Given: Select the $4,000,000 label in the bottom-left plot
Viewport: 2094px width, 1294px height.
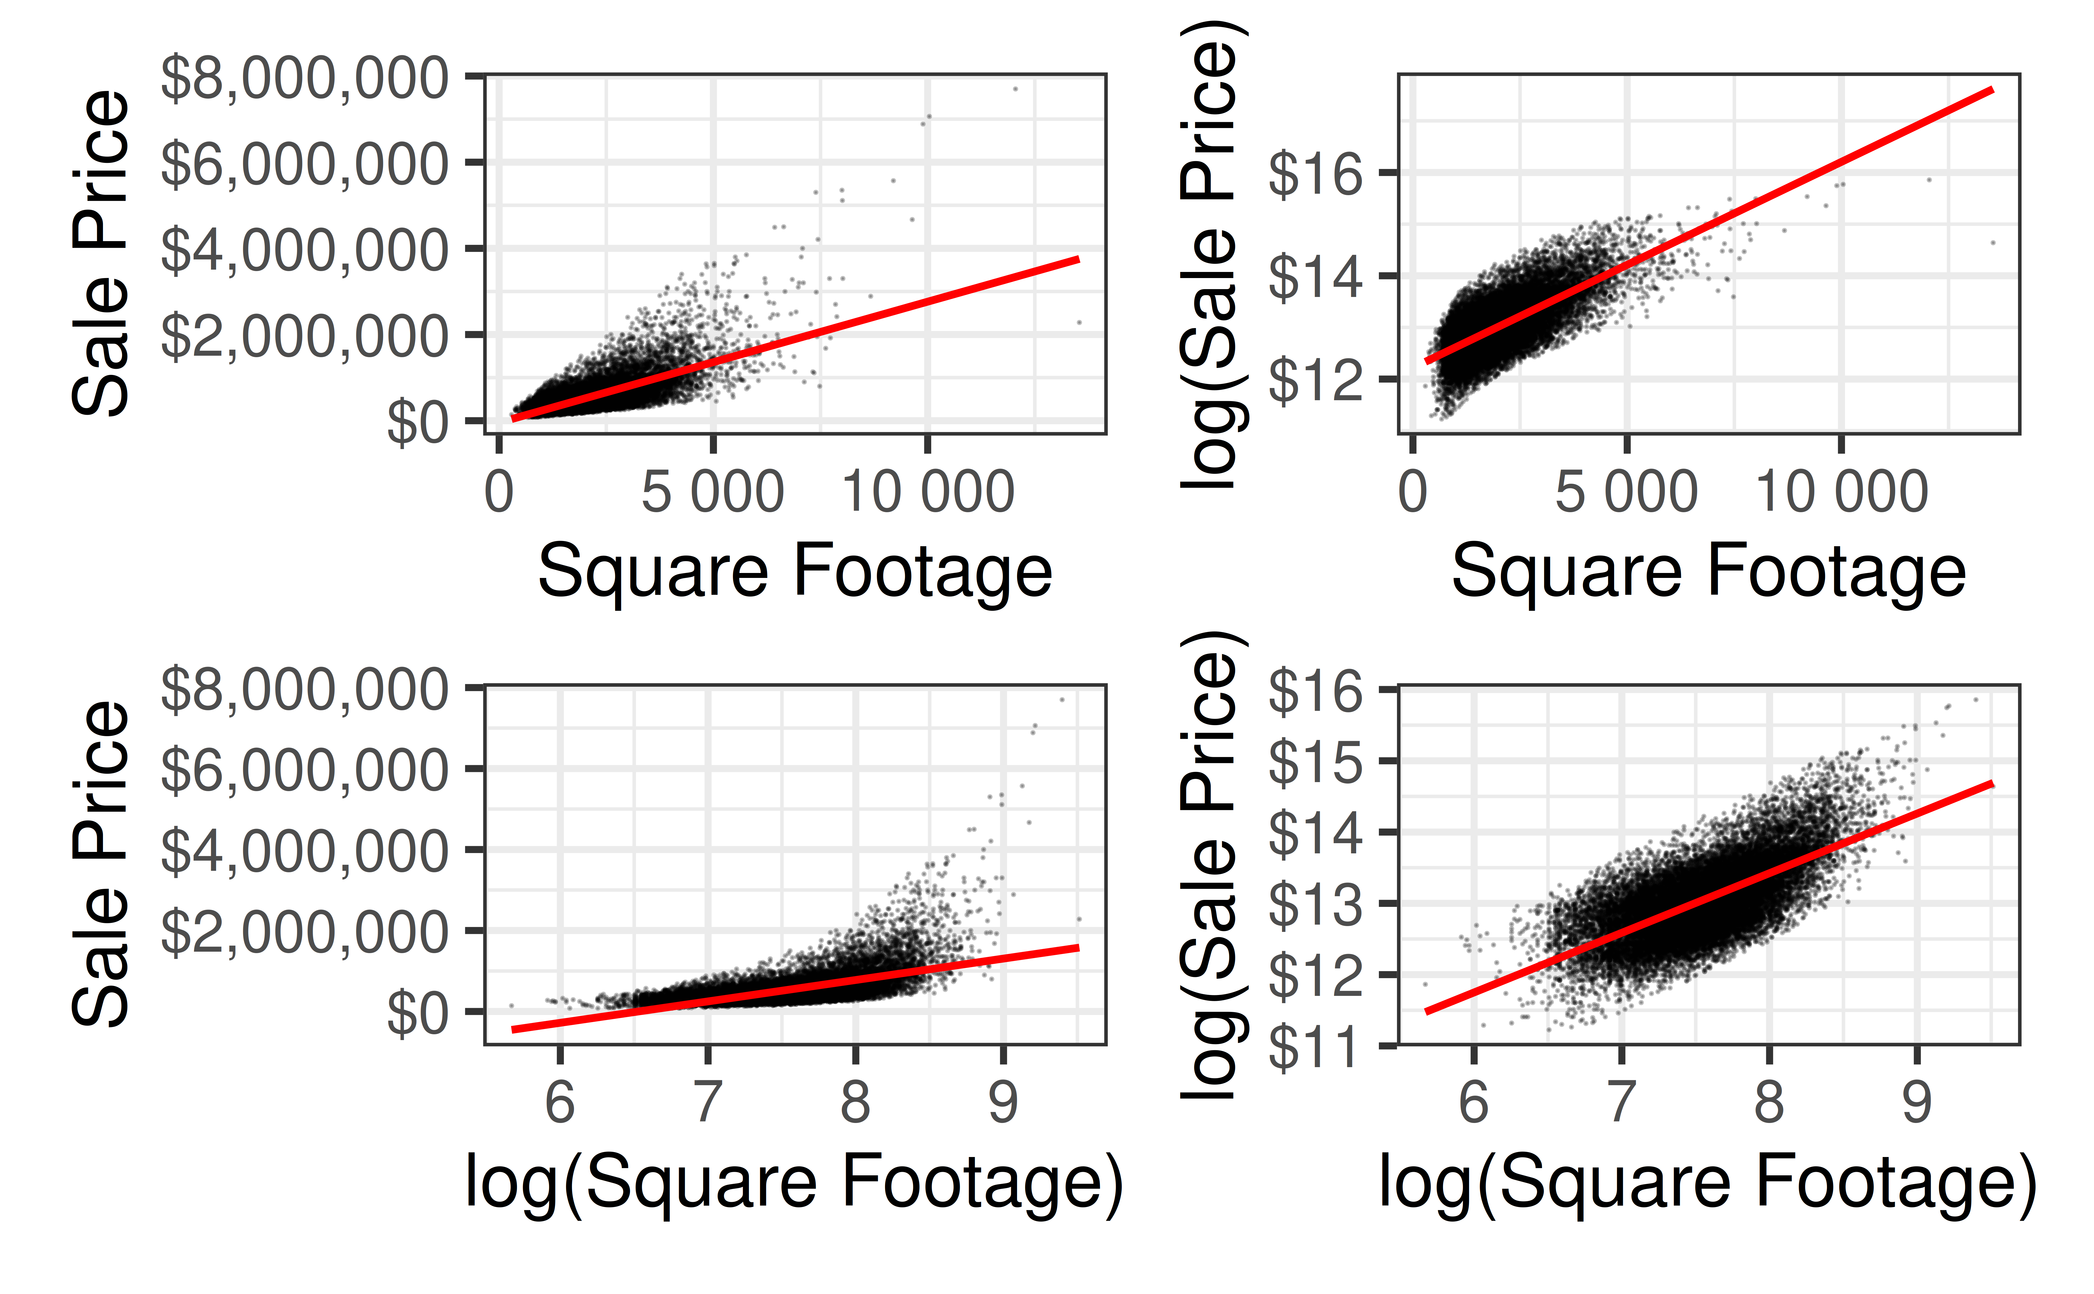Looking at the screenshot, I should click(304, 852).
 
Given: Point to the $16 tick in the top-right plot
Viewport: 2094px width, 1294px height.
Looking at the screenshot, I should click(1315, 174).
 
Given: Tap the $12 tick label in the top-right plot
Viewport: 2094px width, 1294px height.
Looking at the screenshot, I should click(1315, 380).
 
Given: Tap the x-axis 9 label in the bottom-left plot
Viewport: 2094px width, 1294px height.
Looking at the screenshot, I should click(1003, 1102).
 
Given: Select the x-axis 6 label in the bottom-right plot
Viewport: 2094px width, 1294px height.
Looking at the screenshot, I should click(1474, 1102).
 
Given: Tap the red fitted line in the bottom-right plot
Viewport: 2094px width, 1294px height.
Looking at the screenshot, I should click(1712, 897).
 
